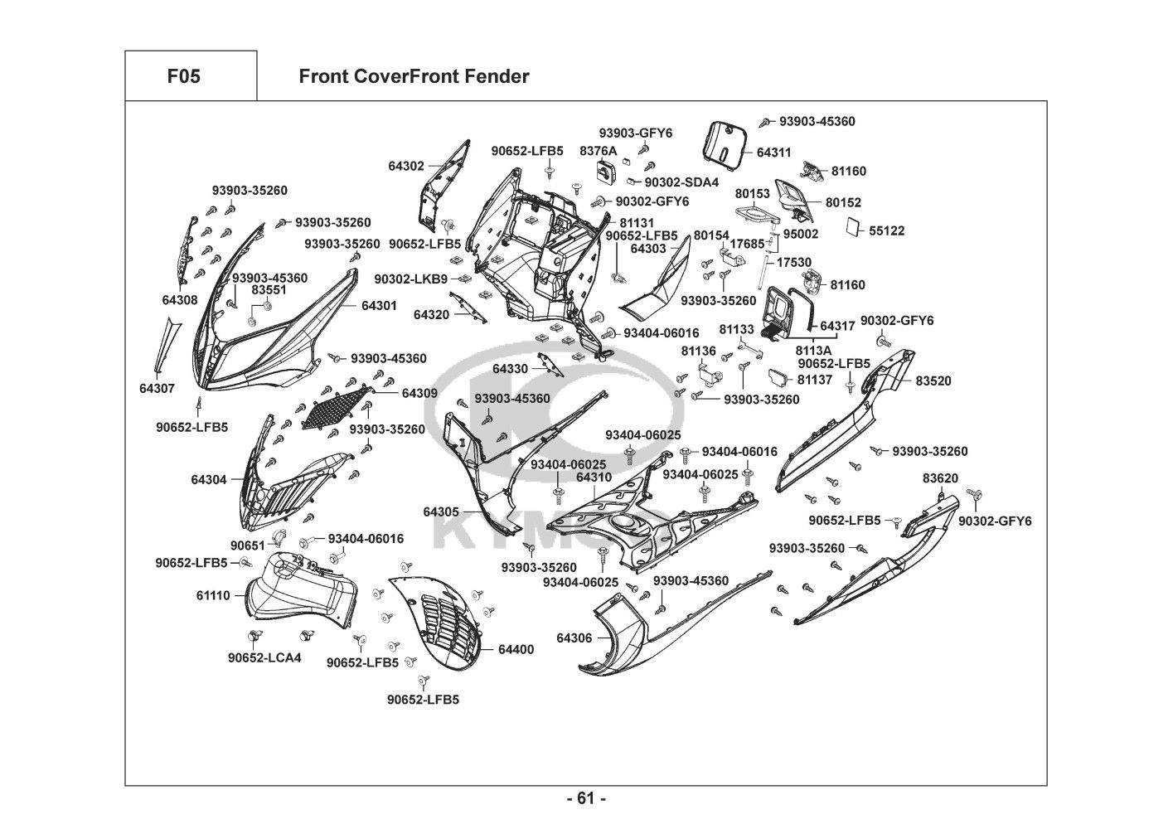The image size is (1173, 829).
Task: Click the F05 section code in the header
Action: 184,76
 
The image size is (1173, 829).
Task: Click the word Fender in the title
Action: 497,76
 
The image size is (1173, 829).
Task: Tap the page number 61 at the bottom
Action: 586,798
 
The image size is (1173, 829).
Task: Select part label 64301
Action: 379,305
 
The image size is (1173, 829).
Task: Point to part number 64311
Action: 774,153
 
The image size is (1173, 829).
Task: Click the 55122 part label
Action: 886,231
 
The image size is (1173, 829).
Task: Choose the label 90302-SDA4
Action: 681,182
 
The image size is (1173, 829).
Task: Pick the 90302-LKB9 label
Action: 410,279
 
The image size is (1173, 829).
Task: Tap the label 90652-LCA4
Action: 264,657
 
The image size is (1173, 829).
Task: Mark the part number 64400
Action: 516,649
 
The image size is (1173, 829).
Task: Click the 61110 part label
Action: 213,595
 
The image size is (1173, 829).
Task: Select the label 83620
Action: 941,478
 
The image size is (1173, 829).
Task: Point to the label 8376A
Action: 598,151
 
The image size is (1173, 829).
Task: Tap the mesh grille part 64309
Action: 338,406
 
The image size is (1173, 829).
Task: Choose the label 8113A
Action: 813,351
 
